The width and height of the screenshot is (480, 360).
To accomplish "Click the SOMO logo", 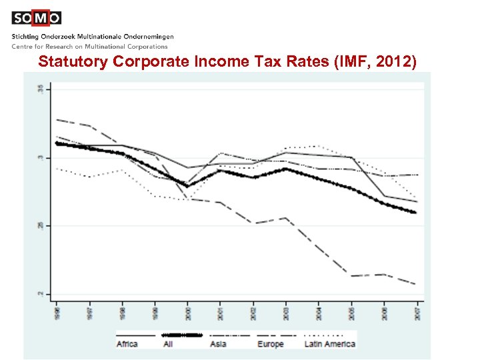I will coord(36,18).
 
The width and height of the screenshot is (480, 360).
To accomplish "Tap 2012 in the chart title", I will coord(399,63).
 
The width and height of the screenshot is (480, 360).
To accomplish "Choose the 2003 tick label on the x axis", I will coord(285,311).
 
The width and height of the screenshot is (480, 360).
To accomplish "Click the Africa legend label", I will coord(127,344).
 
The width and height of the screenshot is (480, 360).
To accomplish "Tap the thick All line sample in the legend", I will coord(182,335).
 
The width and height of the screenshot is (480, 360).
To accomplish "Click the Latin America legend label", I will coord(329,344).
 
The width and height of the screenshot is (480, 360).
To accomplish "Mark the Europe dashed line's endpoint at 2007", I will coord(416,284).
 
